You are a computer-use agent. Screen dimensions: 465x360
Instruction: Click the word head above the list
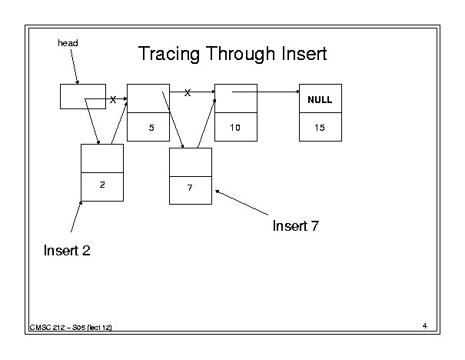point(68,43)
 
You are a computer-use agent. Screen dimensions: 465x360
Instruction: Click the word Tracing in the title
point(169,54)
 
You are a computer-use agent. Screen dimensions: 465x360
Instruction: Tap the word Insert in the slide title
point(304,54)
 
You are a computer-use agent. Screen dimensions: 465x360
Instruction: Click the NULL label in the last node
point(320,100)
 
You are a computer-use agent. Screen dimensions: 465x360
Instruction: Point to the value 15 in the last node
point(320,128)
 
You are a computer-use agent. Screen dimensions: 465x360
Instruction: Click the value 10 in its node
point(235,128)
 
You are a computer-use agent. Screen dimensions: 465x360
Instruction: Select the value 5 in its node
point(151,128)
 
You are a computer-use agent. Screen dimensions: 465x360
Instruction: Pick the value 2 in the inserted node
point(102,185)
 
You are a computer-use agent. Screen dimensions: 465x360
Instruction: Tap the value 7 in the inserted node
point(190,188)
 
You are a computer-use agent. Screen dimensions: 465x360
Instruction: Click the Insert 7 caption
point(296,226)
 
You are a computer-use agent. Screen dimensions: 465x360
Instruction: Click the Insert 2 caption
point(67,251)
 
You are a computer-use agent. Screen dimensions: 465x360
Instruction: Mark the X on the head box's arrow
point(113,100)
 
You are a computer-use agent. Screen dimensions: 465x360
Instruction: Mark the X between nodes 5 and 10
point(188,93)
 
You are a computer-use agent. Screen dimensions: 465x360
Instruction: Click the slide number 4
point(425,326)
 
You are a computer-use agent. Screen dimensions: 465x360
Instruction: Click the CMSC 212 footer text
point(71,328)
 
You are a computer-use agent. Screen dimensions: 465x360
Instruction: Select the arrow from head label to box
point(75,67)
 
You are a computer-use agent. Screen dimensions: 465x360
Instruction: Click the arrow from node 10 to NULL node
point(266,92)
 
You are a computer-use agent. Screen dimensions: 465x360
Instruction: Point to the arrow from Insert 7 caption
point(241,202)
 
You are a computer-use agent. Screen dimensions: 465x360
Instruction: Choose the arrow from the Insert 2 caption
point(76,217)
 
